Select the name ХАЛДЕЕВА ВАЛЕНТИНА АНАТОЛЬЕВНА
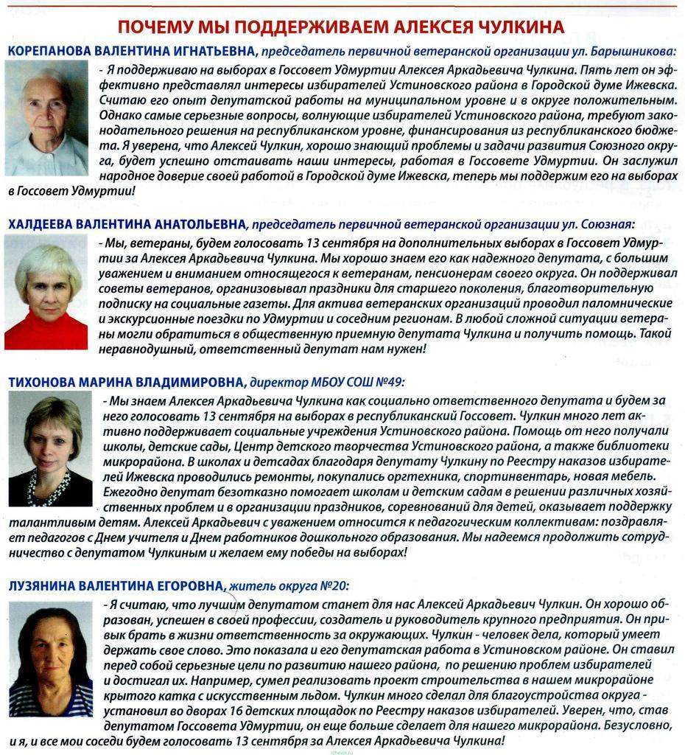[127, 223]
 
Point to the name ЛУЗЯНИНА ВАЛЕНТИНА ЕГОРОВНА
[116, 585]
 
